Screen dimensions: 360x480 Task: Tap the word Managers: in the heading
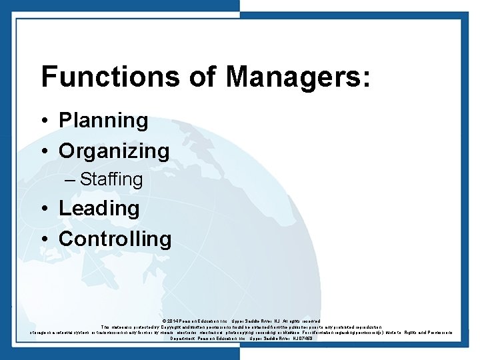point(297,77)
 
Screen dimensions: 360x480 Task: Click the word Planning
point(103,121)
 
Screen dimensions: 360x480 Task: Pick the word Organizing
point(114,151)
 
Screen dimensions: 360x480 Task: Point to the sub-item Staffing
point(111,179)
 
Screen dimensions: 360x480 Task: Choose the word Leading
point(99,208)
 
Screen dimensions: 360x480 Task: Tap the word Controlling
point(115,239)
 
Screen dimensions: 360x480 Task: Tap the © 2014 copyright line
point(241,321)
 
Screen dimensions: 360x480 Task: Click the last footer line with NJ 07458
point(241,339)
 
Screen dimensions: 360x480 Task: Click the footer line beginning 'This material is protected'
point(241,327)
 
